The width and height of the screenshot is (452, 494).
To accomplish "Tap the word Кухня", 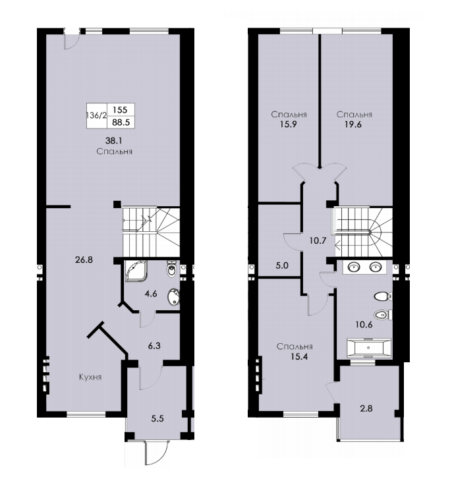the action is click(90, 377).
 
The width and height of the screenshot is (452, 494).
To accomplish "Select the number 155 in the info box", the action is click(120, 109).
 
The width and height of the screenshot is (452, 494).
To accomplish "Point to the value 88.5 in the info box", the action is click(121, 123).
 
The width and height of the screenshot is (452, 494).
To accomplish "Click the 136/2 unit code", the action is click(97, 115).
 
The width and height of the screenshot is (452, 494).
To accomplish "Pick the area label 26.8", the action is click(84, 260).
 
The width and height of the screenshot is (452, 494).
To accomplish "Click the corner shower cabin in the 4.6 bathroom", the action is click(136, 270).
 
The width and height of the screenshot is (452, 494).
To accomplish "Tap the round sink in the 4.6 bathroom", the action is click(173, 297).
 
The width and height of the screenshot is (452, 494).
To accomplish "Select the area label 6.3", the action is click(154, 346).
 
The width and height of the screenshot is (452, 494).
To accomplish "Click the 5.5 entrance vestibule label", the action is click(157, 419).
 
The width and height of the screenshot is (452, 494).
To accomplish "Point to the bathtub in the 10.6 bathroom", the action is click(369, 348).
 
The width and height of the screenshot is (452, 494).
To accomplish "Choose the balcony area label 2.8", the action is click(366, 408).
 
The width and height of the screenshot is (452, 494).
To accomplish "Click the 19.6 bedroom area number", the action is click(353, 124).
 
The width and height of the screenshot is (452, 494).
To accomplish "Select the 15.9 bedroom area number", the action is click(289, 124).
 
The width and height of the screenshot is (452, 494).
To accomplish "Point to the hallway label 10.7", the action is click(318, 241).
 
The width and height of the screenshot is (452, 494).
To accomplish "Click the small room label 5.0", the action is click(282, 265).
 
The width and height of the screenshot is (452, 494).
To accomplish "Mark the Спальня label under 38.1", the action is click(115, 151).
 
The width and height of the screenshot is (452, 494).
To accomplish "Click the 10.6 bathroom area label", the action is click(364, 325).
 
